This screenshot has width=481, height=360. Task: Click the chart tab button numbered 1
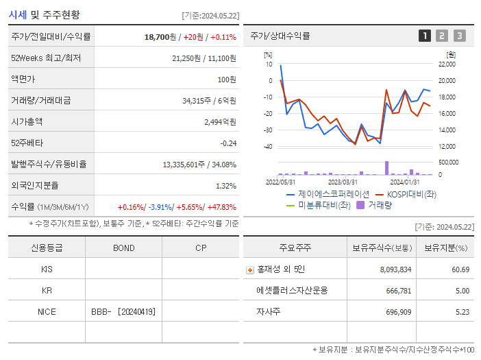click(425, 36)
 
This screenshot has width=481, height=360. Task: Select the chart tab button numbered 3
click(459, 36)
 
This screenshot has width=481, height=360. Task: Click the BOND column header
click(123, 248)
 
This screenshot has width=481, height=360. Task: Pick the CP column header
click(200, 248)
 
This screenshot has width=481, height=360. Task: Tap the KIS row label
click(47, 269)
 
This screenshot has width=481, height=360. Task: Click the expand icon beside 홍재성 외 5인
click(249, 270)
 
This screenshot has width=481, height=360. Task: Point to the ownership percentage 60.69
click(460, 269)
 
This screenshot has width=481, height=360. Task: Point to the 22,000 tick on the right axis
click(446, 64)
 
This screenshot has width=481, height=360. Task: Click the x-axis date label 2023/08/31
click(343, 182)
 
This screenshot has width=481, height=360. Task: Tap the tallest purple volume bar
click(386, 168)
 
